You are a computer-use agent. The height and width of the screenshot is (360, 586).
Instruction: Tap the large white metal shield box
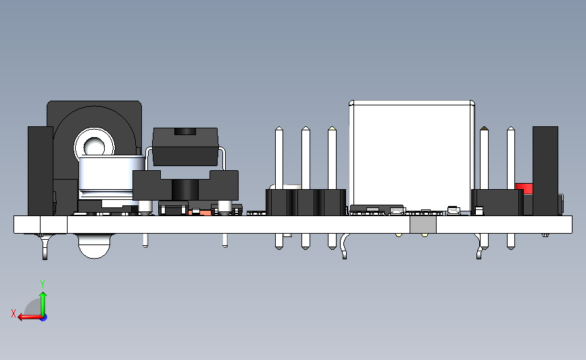pos(411,152)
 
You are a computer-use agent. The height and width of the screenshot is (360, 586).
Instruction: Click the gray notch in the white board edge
pos(423,225)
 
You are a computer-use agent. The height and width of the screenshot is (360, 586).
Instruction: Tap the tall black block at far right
pos(545,169)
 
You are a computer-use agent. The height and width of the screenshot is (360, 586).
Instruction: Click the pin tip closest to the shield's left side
pos(332,132)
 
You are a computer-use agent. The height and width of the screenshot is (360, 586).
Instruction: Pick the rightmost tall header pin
pos(511,159)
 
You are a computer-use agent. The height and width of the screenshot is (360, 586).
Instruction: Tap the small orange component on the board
pos(195,212)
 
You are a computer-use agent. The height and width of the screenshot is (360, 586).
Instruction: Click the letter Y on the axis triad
pos(43,284)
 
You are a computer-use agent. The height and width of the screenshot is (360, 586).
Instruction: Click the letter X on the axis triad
pos(13,313)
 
